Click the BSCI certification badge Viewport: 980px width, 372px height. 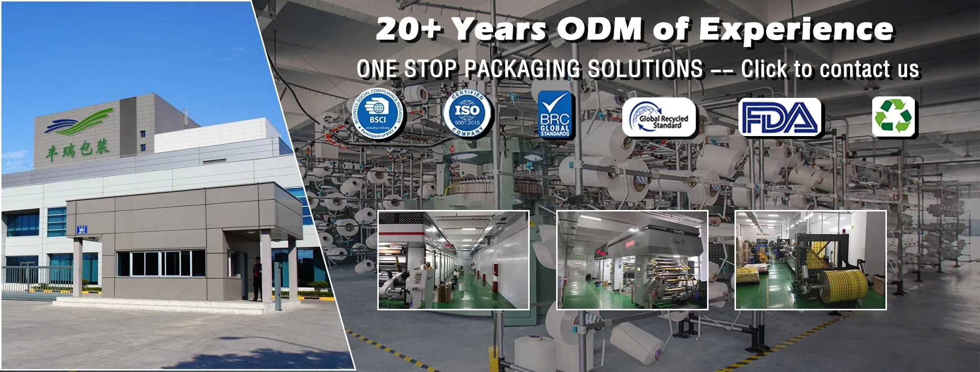tap(378, 115)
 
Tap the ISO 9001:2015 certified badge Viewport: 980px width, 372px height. tap(467, 114)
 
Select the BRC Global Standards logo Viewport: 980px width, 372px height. tap(555, 115)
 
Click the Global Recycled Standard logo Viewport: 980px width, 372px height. tap(659, 117)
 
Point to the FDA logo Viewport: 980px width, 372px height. tap(780, 117)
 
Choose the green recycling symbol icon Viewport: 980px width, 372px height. tap(893, 116)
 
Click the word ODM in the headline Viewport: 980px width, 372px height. tap(599, 29)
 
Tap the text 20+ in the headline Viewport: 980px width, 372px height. tap(409, 29)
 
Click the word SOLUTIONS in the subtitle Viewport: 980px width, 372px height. tap(645, 69)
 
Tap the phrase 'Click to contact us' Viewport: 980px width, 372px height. tap(830, 69)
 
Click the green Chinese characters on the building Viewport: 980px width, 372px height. tap(77, 149)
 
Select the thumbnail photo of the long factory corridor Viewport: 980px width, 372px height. tap(453, 260)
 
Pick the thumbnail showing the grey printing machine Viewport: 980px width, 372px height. tap(632, 260)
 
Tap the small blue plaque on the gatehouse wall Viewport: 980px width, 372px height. tap(82, 229)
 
